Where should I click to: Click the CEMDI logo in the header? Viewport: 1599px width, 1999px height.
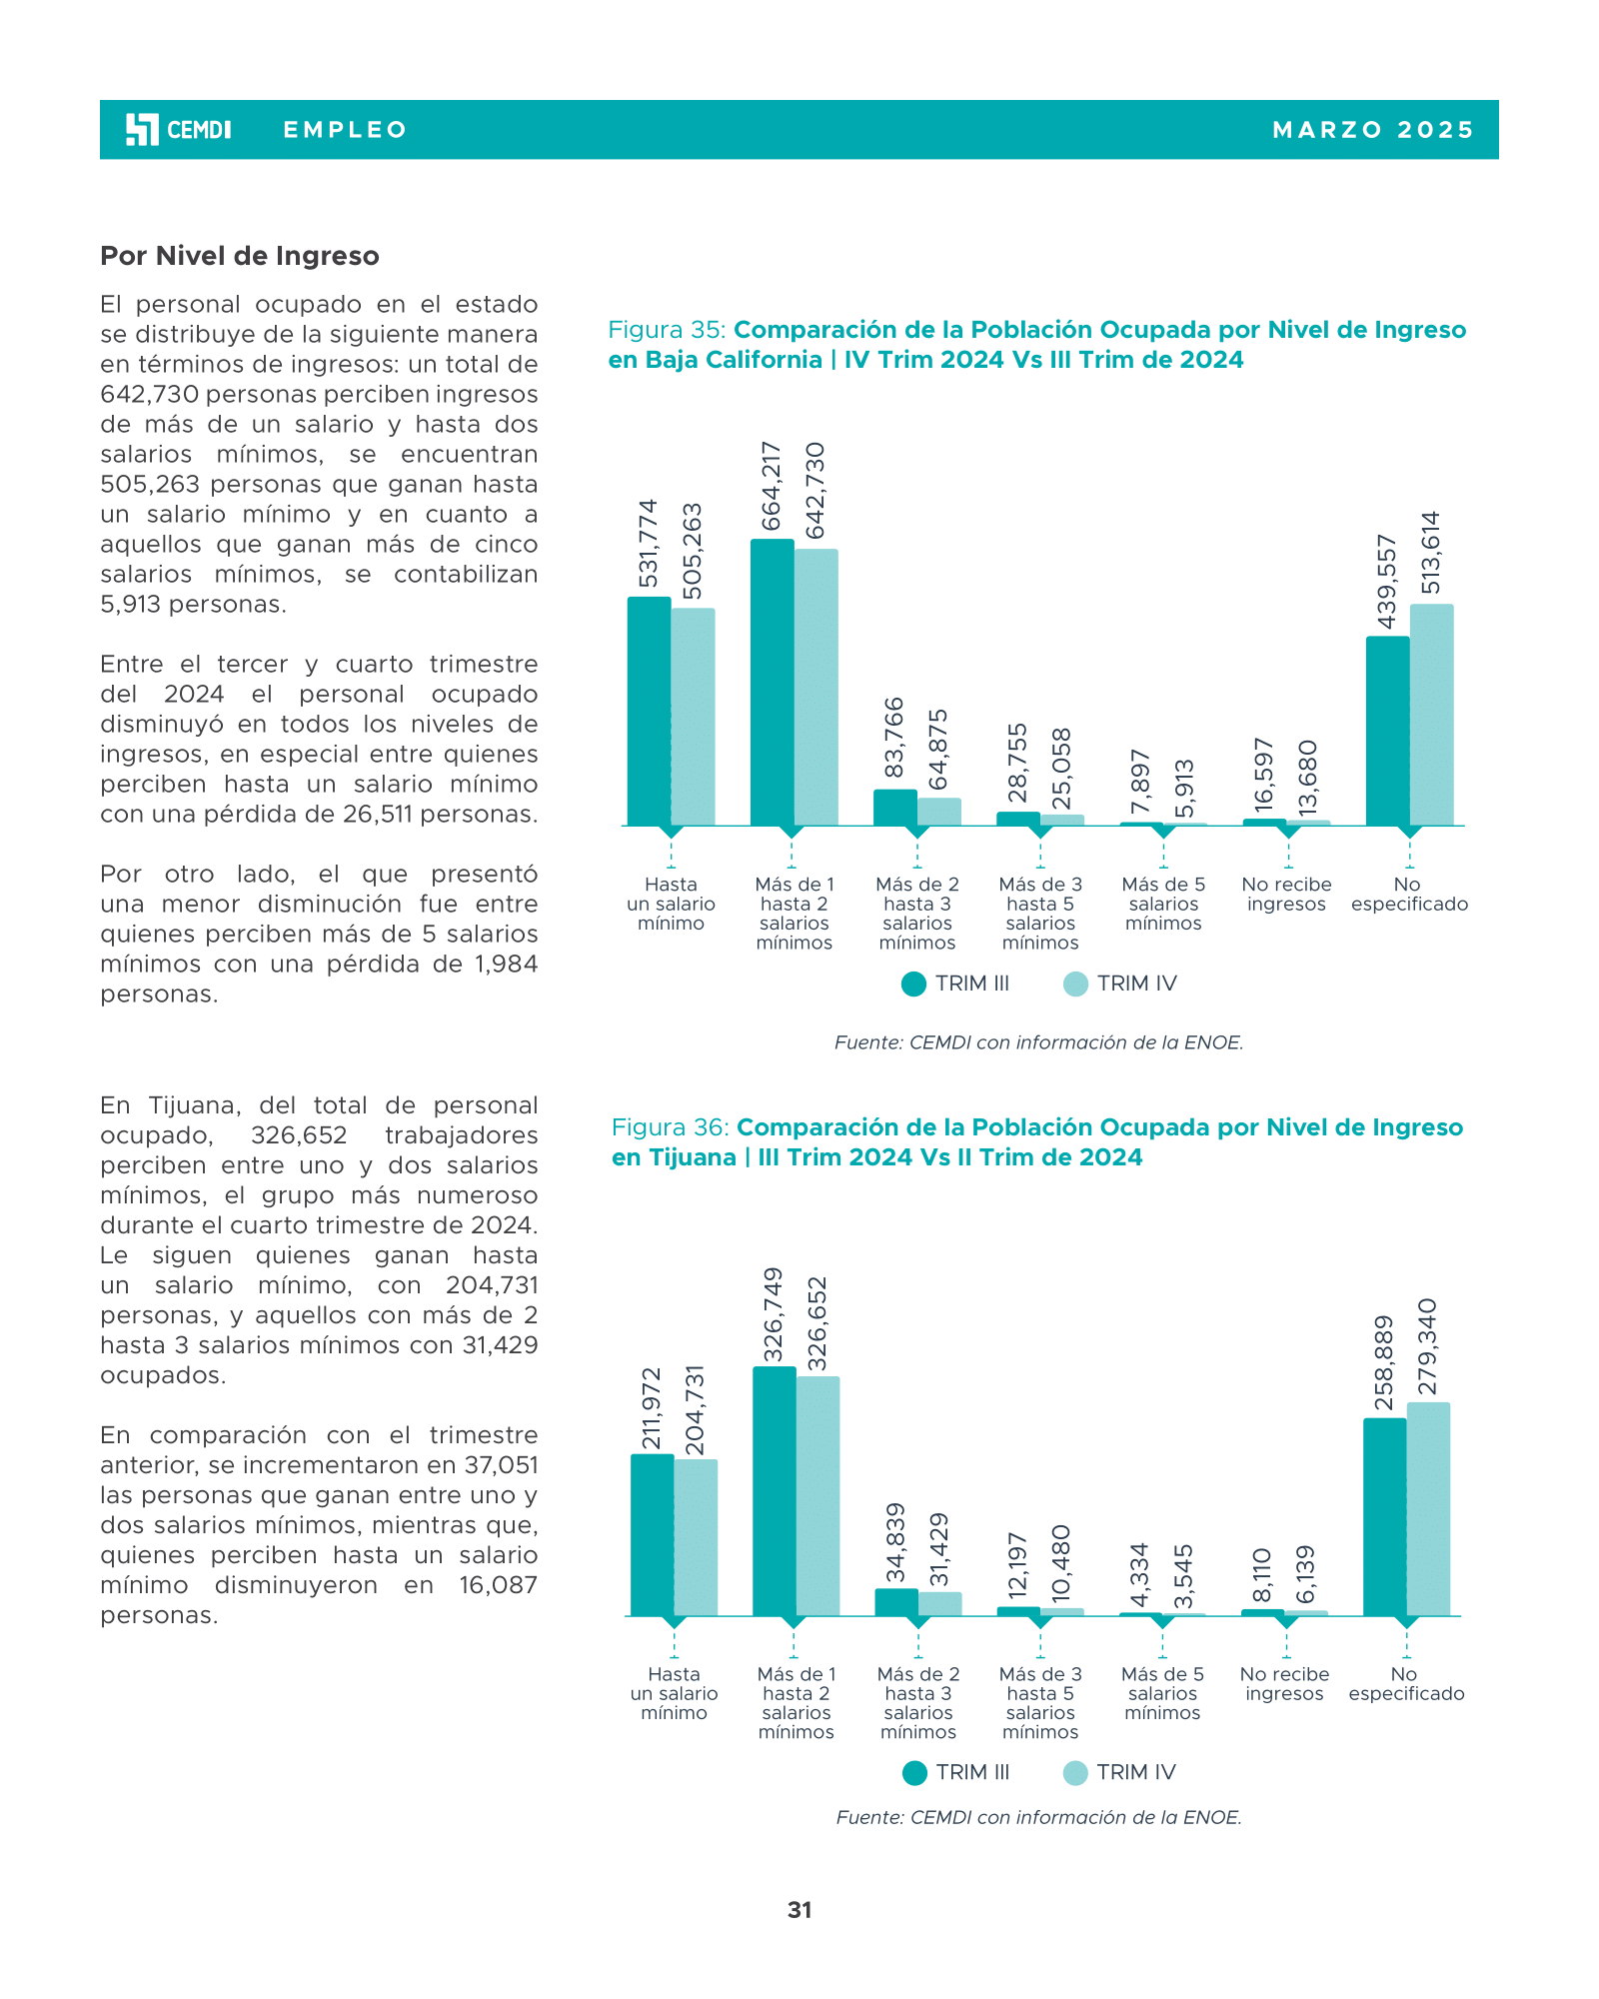pos(178,130)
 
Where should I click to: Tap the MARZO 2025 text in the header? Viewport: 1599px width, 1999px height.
pos(1373,130)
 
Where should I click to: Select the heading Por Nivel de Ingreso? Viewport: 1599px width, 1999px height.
pos(240,256)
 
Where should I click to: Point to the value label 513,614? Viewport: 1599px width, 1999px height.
pos(1431,553)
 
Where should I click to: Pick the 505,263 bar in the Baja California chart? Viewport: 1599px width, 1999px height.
pos(694,717)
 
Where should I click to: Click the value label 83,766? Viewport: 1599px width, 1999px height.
pos(894,738)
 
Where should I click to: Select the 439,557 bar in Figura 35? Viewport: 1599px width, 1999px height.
pos(1387,731)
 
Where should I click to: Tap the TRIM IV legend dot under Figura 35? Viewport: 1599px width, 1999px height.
pos(1075,984)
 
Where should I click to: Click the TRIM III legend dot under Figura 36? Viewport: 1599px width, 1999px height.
pos(914,1772)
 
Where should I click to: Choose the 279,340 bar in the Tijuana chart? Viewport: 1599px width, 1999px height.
pos(1428,1508)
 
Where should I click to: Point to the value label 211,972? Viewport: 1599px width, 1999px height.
pos(651,1408)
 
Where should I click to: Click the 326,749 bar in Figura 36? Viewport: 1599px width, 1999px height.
pos(774,1490)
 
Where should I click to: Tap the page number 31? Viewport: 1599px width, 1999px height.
pos(799,1910)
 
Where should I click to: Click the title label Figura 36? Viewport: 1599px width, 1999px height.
pos(671,1127)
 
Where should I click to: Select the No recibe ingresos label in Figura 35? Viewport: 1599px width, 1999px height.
pos(1286,895)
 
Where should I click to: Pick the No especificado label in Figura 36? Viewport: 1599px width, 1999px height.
pos(1406,1684)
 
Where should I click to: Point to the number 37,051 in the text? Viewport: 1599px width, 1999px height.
pos(502,1465)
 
